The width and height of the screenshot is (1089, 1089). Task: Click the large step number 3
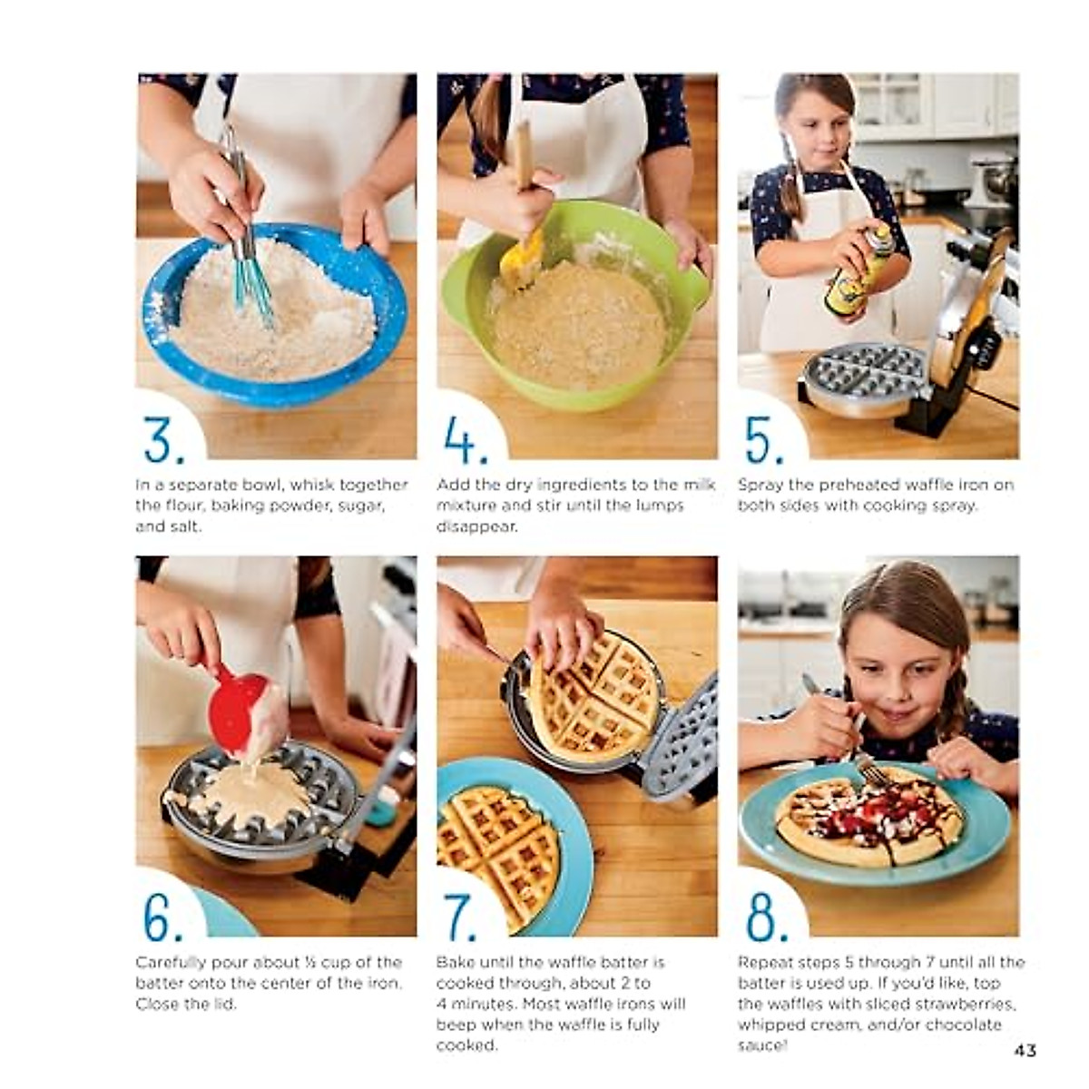[x=163, y=440]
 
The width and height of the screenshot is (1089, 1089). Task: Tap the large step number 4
[x=465, y=440]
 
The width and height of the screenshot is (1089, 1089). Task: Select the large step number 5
[x=764, y=440]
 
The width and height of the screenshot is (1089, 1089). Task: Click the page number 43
[x=1025, y=1050]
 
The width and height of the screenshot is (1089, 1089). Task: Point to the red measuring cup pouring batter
[x=238, y=708]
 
